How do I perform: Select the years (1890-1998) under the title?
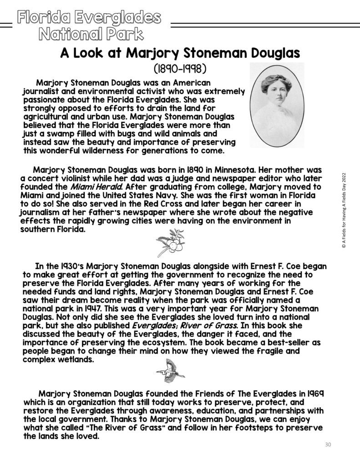(x=181, y=70)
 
